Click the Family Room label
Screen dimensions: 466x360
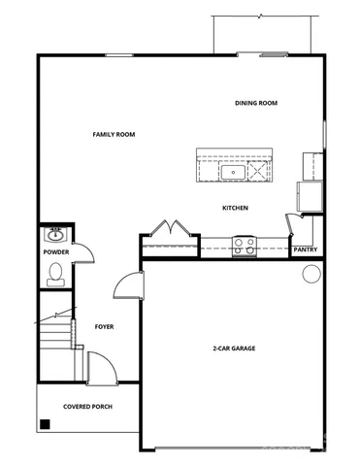coord(113,134)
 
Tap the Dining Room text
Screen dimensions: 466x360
coord(256,103)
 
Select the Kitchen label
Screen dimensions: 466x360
coord(235,209)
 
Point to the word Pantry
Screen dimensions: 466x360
coord(305,250)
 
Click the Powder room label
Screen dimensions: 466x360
coord(56,252)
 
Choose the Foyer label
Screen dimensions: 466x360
coord(104,327)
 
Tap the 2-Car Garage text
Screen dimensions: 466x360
coord(234,348)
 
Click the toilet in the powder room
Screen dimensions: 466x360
coord(55,273)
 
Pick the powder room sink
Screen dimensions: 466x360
coord(55,234)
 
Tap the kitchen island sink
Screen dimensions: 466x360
coord(234,174)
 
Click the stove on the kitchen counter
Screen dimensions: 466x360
coord(243,247)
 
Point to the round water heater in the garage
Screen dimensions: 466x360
coord(311,274)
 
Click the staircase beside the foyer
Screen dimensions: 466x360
coord(55,340)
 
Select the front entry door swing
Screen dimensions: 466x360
coord(100,368)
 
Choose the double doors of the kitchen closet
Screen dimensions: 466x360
coord(171,229)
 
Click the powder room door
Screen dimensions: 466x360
coord(85,250)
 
